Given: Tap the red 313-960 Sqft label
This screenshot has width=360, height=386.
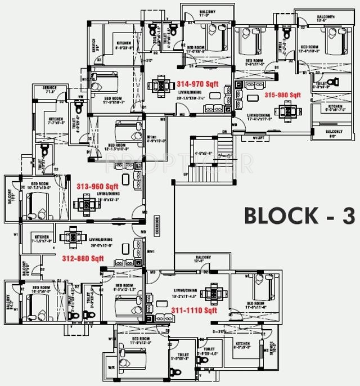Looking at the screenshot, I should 97,186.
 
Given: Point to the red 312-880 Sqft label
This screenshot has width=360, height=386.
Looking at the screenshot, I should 83,258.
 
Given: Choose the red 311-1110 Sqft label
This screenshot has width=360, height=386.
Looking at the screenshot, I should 195,309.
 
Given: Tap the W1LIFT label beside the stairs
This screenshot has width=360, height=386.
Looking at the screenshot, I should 258,137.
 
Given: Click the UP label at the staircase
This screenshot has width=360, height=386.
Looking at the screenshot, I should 185,174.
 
